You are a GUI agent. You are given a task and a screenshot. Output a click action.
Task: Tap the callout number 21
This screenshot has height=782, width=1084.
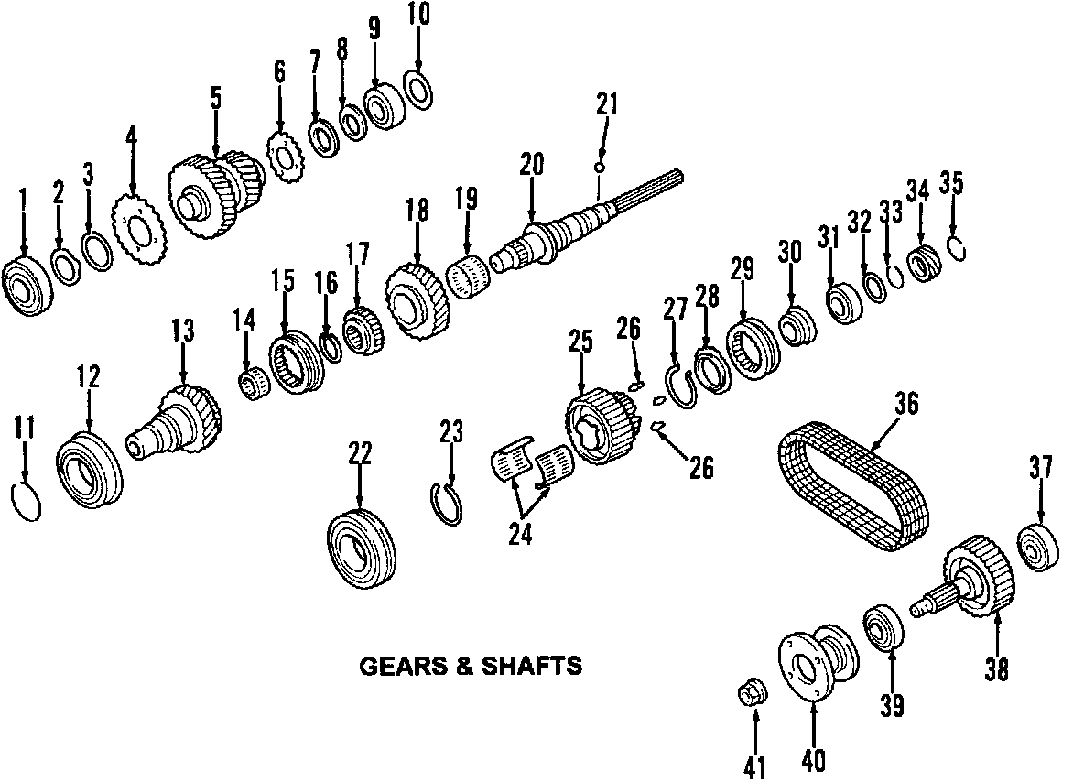[x=606, y=104]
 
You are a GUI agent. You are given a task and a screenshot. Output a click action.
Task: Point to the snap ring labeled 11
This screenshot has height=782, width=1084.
[x=25, y=502]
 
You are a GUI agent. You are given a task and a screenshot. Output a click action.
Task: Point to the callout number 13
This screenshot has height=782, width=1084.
[x=183, y=331]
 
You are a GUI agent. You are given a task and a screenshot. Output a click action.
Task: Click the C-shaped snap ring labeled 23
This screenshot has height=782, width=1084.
[x=448, y=504]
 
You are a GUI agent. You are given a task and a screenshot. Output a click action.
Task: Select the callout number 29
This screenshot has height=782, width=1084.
[x=741, y=267]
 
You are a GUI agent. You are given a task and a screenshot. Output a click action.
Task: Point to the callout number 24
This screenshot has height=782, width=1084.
[x=520, y=534]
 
